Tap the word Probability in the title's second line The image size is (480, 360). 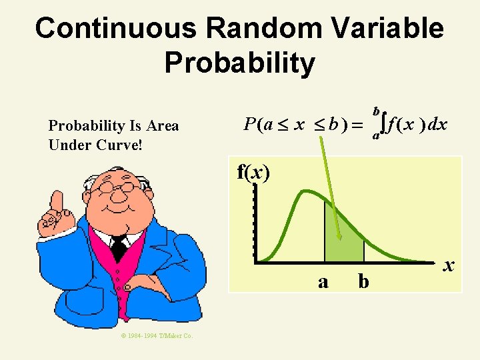239,63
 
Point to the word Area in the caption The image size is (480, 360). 163,125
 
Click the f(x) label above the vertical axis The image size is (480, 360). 253,173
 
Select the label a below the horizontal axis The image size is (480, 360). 323,282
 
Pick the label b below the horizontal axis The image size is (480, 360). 363,282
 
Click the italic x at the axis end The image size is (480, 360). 449,265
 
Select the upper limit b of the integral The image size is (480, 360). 376,110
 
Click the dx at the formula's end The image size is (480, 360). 437,124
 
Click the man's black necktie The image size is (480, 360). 119,249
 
